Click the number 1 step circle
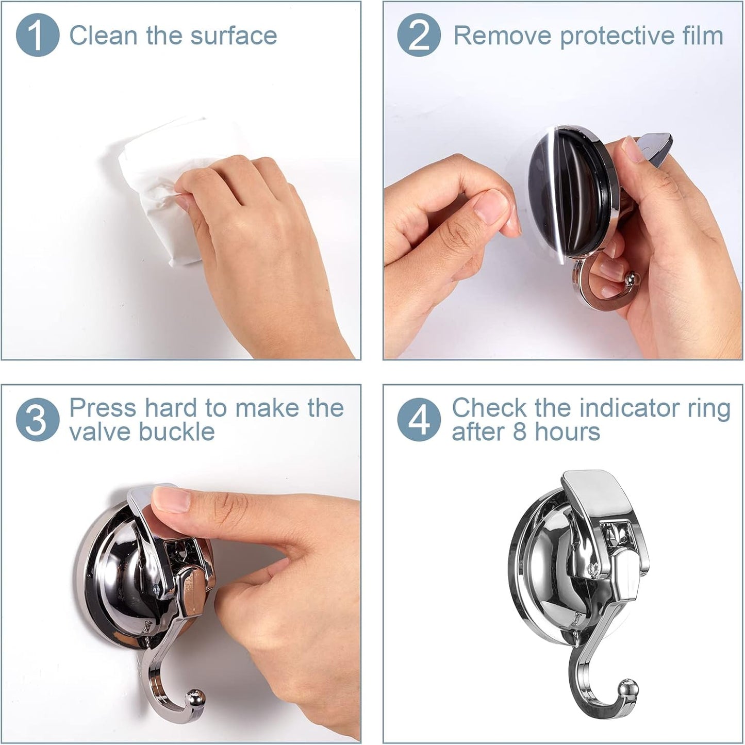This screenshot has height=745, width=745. (x=37, y=35)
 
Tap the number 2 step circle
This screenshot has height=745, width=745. (x=419, y=35)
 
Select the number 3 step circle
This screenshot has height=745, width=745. (x=37, y=420)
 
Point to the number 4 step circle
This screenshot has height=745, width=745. (x=419, y=420)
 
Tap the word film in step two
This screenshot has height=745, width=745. (x=702, y=36)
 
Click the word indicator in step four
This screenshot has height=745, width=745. (x=627, y=408)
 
